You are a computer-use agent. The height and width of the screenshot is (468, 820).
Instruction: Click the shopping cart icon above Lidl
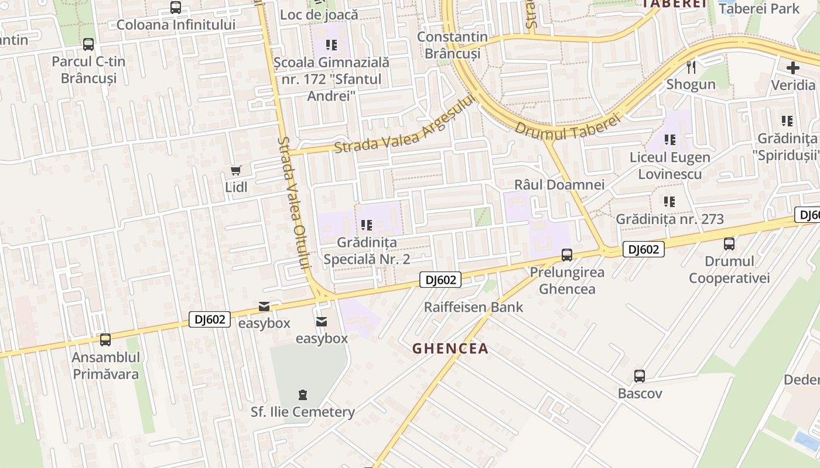tap(235, 170)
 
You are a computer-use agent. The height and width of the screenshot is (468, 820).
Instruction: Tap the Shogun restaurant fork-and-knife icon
tap(691, 67)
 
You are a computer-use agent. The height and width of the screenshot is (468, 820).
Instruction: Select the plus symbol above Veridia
tap(792, 68)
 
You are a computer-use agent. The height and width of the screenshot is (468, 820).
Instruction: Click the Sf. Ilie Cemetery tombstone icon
tap(302, 394)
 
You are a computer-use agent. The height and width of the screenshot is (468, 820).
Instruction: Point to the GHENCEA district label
tap(450, 349)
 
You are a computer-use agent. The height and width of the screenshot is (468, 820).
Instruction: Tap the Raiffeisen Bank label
tap(473, 307)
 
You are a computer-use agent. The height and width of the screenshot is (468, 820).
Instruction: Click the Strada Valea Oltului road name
tap(293, 202)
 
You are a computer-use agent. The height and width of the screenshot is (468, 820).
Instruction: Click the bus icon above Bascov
tap(640, 376)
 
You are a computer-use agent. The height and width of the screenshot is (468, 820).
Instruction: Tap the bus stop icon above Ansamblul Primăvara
tap(105, 339)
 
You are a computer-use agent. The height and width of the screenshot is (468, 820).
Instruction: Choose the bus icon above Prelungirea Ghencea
tap(567, 255)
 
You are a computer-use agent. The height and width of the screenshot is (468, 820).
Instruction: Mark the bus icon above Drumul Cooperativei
tap(729, 244)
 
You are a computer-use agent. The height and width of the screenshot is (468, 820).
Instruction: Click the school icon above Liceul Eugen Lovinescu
tap(670, 140)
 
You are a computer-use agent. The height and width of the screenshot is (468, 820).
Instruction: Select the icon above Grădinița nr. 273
tap(669, 202)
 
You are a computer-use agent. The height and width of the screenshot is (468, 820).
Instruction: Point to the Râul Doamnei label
tap(559, 185)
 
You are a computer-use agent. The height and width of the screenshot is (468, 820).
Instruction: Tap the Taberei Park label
tap(758, 8)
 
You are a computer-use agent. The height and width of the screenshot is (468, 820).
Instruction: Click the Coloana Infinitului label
tap(176, 25)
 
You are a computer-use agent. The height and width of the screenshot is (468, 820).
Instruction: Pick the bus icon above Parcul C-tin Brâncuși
tap(88, 44)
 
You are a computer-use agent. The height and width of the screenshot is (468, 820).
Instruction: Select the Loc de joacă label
tap(319, 14)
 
